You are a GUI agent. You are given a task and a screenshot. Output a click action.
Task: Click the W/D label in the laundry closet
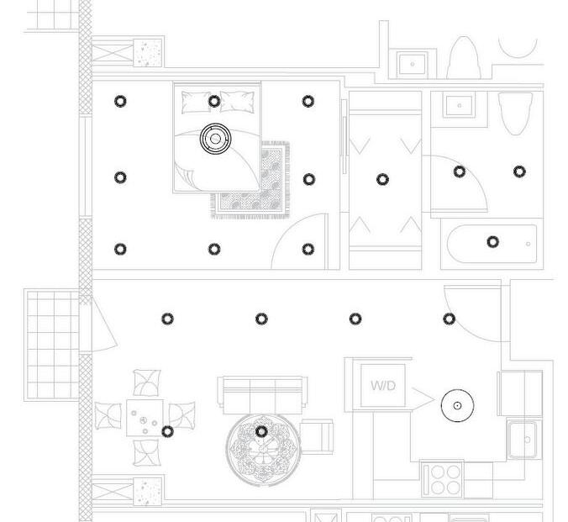[x=382, y=386]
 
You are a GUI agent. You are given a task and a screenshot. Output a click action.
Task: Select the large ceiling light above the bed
[x=214, y=139]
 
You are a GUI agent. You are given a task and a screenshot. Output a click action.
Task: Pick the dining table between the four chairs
[x=145, y=417]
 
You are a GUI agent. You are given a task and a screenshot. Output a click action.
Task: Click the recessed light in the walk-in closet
[x=383, y=179]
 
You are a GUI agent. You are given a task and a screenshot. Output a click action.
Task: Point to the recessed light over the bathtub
[x=492, y=242]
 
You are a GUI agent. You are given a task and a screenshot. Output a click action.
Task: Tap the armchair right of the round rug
[x=316, y=435]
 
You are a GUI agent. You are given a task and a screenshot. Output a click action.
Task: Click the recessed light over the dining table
[x=167, y=431]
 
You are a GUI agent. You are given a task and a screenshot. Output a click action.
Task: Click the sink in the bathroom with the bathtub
[x=459, y=105]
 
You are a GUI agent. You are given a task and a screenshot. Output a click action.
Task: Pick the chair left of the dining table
[x=108, y=415]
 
